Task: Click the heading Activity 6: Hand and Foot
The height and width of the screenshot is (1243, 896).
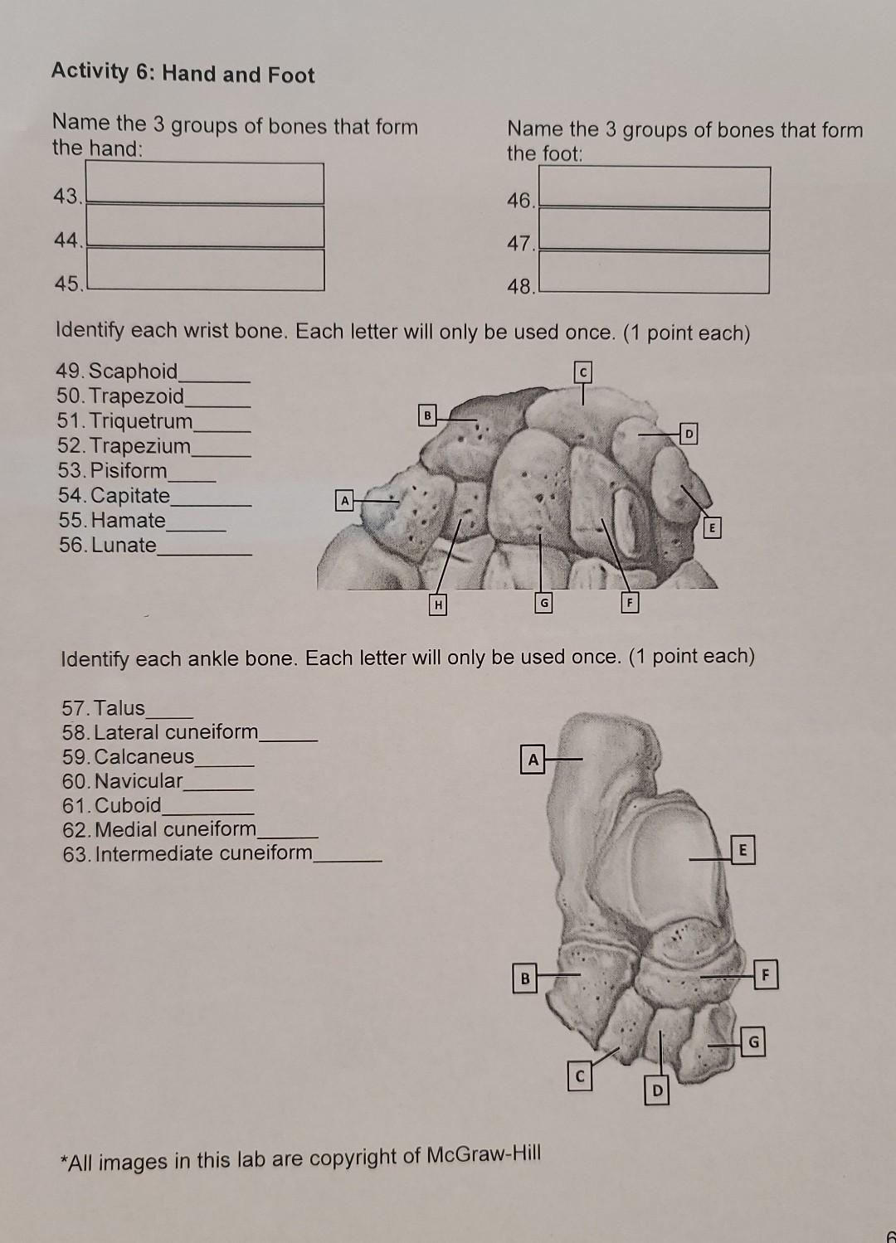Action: pos(183,74)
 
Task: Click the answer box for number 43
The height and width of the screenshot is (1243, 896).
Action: pos(205,183)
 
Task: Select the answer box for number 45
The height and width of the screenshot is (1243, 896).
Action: pos(205,270)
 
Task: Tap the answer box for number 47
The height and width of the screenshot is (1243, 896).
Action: pos(654,231)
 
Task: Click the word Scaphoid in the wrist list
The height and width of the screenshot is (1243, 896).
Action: pos(133,371)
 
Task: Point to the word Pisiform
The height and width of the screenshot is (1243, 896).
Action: pos(129,471)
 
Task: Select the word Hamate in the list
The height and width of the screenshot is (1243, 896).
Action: pos(129,521)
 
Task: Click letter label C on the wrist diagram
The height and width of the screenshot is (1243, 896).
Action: pos(583,373)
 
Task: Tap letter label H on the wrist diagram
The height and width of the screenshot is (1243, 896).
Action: pos(437,606)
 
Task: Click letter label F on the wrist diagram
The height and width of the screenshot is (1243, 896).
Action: pos(630,604)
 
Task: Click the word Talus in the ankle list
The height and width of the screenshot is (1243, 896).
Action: pos(119,708)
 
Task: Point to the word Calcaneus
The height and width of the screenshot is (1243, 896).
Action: pos(144,757)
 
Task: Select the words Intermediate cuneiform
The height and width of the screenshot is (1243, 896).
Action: pos(204,853)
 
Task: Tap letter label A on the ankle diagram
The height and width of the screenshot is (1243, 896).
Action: pos(533,760)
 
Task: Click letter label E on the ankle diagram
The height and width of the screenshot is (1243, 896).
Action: pos(743,851)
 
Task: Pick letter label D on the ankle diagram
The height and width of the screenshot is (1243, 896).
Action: pos(657,1090)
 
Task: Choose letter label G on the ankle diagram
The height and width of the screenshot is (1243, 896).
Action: pos(752,1043)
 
